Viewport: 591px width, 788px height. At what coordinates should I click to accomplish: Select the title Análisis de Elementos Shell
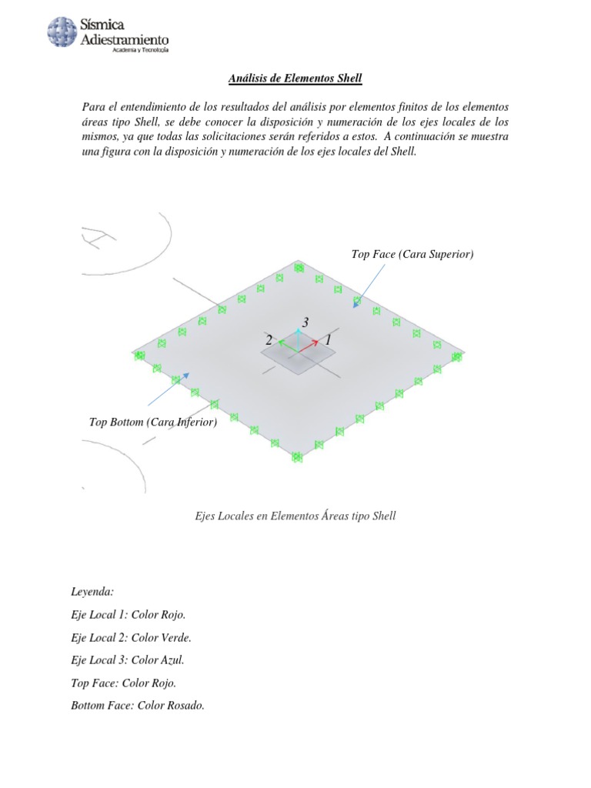point(295,78)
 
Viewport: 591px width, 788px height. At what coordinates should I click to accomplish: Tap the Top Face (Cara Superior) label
point(412,254)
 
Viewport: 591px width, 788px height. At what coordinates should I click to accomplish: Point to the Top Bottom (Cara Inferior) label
point(153,422)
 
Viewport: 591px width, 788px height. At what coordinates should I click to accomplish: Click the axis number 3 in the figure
point(306,322)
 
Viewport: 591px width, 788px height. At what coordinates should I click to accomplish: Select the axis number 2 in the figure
point(269,340)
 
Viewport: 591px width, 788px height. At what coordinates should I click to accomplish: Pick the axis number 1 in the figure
point(328,339)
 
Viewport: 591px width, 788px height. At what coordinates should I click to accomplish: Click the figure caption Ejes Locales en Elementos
point(295,516)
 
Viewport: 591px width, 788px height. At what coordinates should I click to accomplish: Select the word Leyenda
point(92,592)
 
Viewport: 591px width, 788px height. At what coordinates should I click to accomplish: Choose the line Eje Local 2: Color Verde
point(131,637)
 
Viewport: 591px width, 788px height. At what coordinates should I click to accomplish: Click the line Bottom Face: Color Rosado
point(137,706)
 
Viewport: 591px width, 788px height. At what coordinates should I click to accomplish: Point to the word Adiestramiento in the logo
point(125,38)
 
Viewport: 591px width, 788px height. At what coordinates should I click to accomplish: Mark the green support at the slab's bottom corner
point(298,456)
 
